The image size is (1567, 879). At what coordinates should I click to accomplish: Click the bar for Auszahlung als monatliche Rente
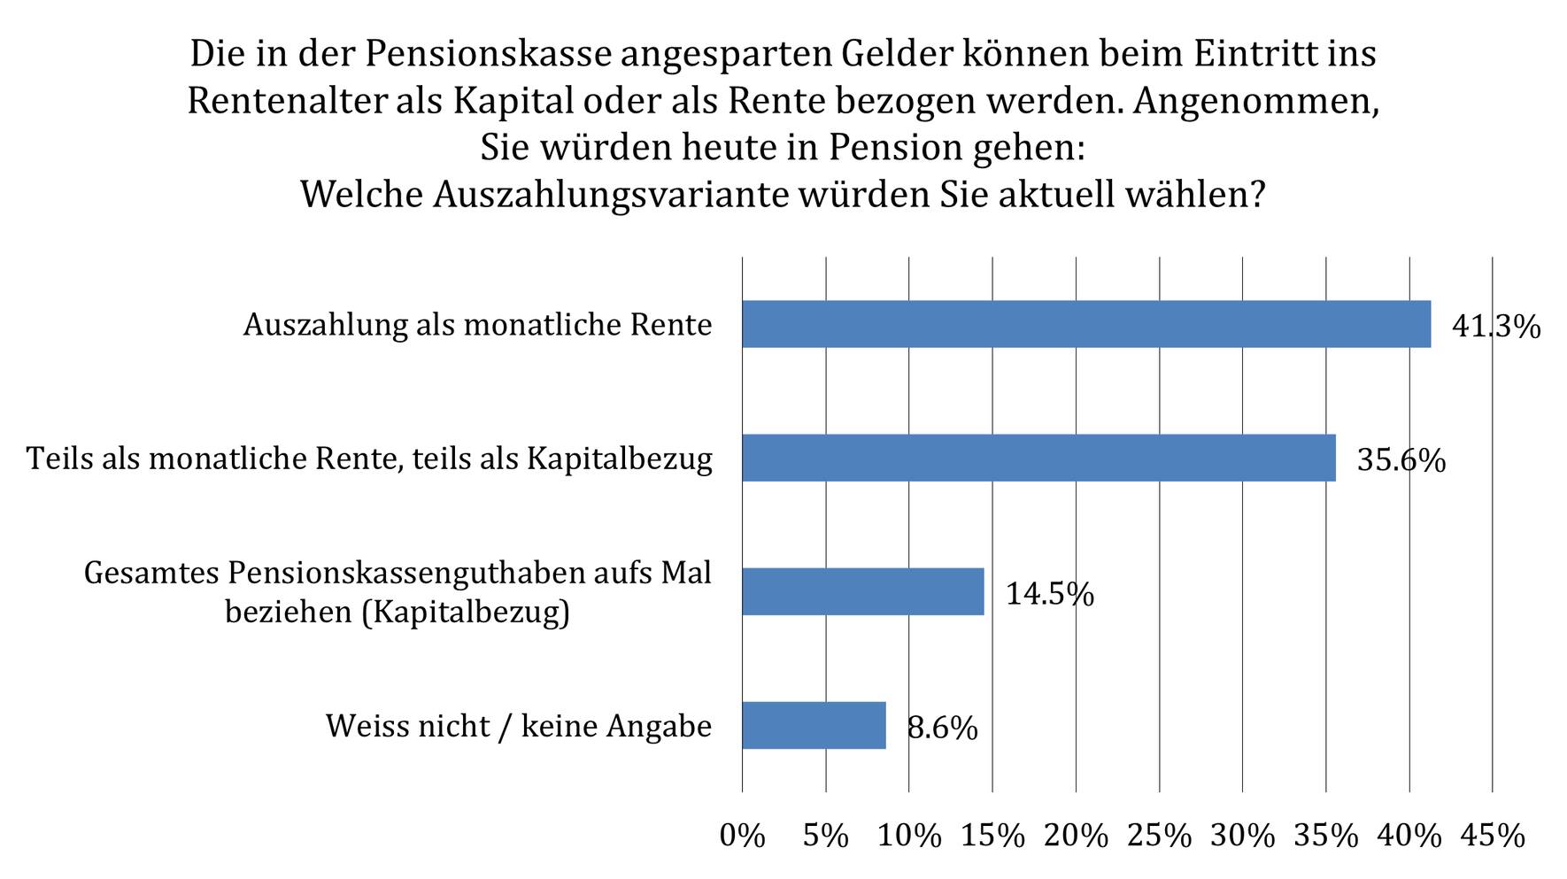coord(1086,324)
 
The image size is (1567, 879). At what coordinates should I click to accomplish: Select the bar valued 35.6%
coord(1038,458)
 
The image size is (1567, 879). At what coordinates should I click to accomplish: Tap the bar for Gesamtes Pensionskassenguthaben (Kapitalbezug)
coord(863,591)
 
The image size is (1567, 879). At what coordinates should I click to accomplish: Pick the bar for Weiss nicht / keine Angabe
coord(814,725)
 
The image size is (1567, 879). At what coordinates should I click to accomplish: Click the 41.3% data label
coord(1496,327)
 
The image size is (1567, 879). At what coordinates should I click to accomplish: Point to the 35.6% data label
coord(1401,460)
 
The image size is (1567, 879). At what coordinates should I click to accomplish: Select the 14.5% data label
coord(1050,594)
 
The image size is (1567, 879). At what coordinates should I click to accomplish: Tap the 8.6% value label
coord(943,728)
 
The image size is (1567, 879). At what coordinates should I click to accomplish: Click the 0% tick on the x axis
coord(742,836)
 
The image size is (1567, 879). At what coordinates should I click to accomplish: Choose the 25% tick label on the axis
coord(1159,836)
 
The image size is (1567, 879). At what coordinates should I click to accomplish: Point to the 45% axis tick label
coord(1493,836)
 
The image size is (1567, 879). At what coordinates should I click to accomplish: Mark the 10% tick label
coord(909,836)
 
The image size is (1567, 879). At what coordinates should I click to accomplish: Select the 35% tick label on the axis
coord(1326,836)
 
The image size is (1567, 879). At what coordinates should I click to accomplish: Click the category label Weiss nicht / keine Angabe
coord(519,726)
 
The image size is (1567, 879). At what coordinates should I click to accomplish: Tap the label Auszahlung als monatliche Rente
coord(478,325)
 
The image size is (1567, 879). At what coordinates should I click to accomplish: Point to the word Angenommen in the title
coord(1256,103)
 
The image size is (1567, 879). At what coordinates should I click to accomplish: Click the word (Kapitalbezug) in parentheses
coord(466,613)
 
